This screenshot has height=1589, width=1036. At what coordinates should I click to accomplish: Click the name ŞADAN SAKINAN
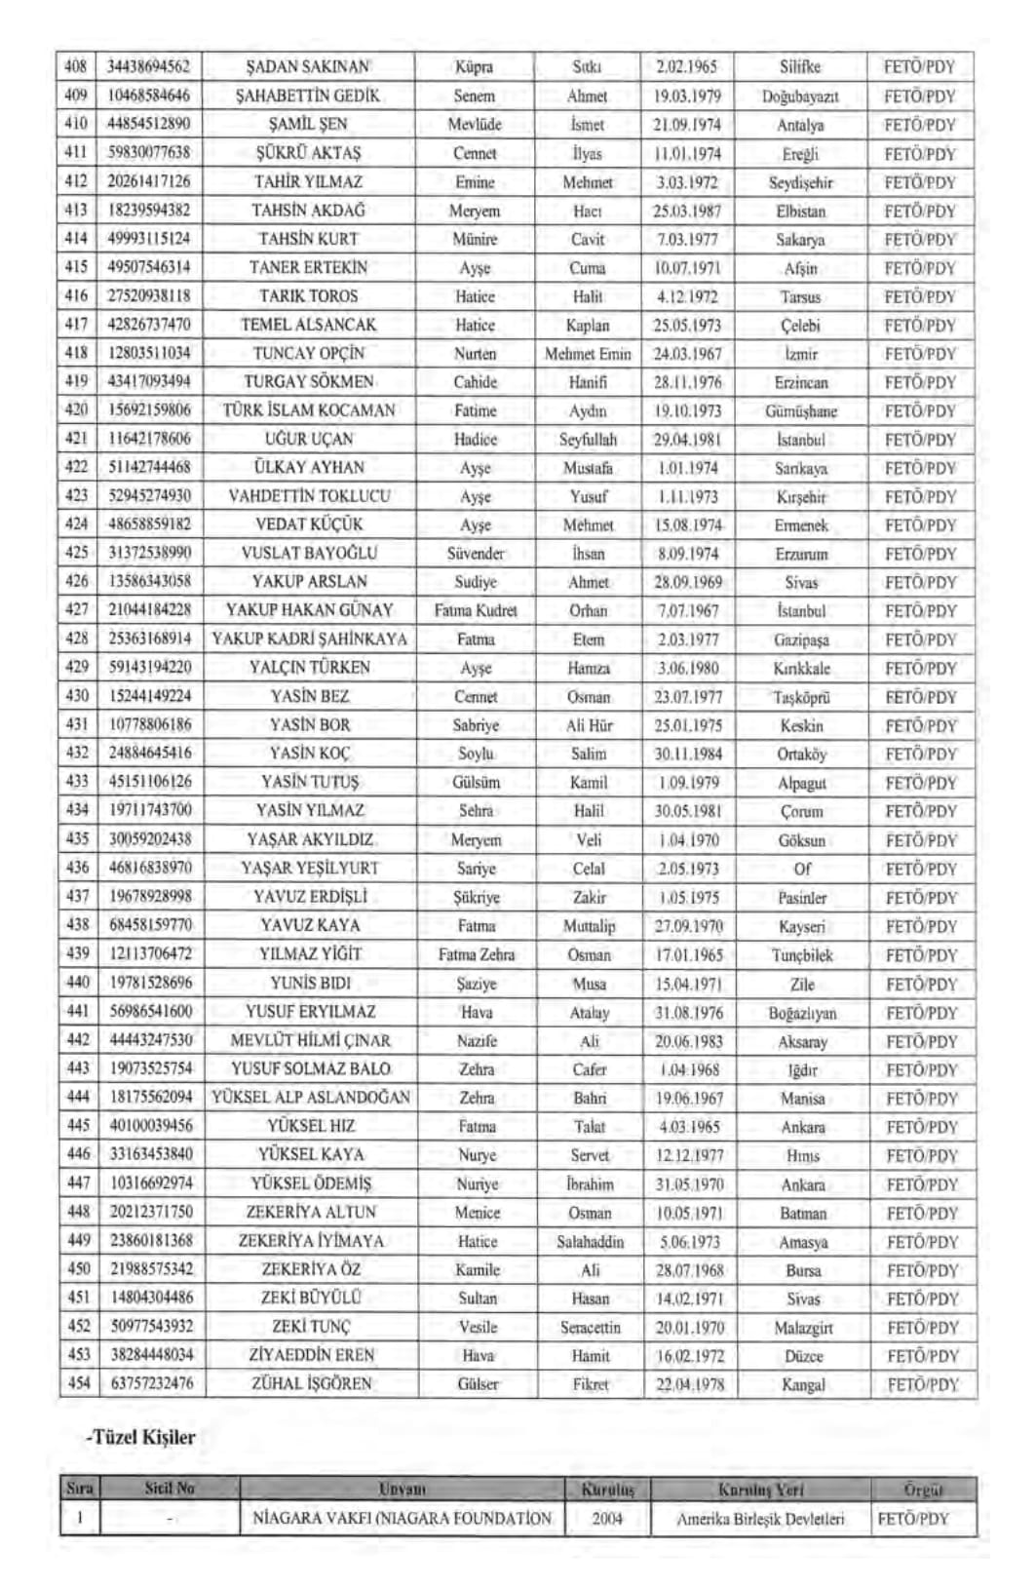coord(308,67)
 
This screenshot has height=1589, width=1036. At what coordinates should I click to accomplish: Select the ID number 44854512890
coord(149,124)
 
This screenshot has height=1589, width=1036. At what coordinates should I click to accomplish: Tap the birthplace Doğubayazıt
coord(800,97)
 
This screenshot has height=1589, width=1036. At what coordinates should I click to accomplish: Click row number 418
coord(76,353)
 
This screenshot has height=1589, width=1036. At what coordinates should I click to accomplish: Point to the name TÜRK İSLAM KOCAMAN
coord(309,410)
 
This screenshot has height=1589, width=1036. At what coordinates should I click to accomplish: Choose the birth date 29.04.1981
coord(687,440)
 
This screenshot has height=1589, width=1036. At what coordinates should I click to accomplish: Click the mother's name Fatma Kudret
coord(476,611)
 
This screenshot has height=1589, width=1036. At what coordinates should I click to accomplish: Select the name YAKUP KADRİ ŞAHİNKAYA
coord(309,639)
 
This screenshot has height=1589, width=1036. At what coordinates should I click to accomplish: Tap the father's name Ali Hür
coord(589,725)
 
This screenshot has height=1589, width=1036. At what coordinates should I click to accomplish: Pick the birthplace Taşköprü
coord(801,697)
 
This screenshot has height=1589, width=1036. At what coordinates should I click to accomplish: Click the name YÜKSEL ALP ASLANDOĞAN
coord(311,1098)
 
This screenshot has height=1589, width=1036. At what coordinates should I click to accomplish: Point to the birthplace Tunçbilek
coord(802,955)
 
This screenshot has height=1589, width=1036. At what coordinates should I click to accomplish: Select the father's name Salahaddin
coord(591,1242)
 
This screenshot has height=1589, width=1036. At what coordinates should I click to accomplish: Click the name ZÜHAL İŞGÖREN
coord(312,1383)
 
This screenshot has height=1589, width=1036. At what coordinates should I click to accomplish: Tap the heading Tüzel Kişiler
coord(143,1438)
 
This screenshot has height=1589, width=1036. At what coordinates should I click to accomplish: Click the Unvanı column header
coord(403,1490)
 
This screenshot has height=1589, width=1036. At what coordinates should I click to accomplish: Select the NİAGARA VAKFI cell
coord(403,1519)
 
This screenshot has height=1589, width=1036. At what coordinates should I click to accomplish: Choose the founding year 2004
coord(607,1519)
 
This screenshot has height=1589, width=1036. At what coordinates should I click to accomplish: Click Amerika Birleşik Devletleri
coord(761,1519)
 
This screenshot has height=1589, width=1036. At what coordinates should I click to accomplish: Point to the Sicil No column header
coord(170,1489)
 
